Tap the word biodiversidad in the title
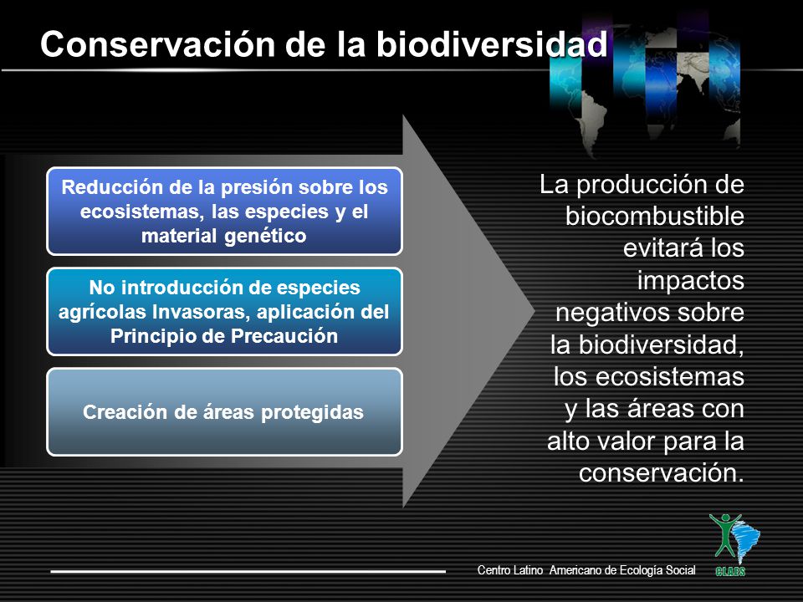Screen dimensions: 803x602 [x=492, y=44]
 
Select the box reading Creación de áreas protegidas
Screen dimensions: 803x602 [x=224, y=411]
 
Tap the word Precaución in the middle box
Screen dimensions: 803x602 [x=284, y=336]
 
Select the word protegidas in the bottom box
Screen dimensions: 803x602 [x=312, y=412]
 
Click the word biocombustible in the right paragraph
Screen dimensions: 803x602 [x=654, y=216]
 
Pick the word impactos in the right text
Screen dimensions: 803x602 [x=690, y=281]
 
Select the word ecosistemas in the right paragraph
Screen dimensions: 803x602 [x=670, y=377]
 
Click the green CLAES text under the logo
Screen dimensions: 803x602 [x=729, y=571]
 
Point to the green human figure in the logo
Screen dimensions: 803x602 [x=724, y=535]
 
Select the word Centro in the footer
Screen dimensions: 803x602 [x=492, y=569]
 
